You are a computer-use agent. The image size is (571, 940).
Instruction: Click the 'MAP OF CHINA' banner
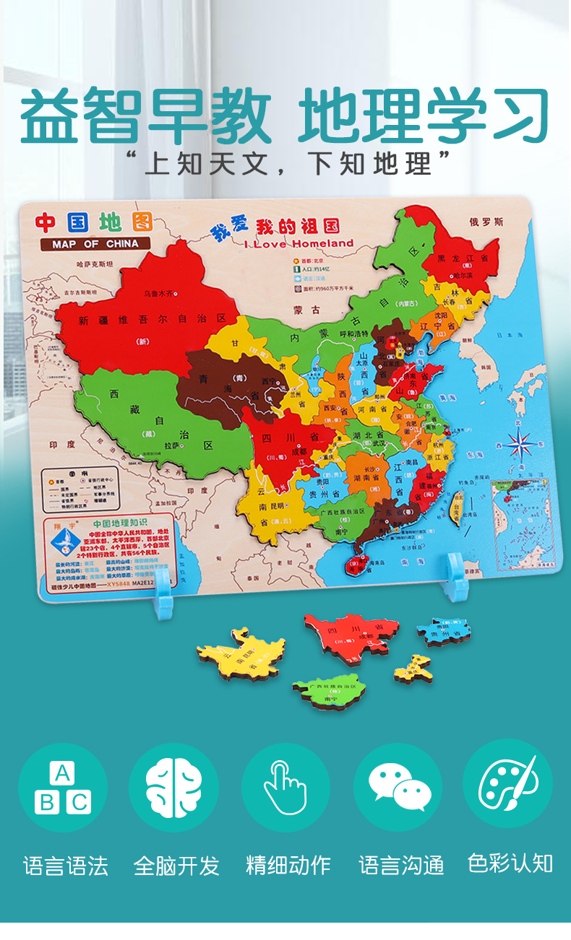click(x=95, y=243)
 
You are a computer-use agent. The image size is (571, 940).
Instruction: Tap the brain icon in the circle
click(x=173, y=787)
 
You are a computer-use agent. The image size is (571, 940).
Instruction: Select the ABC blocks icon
click(x=63, y=788)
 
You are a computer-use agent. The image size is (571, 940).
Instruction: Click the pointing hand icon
click(x=285, y=788)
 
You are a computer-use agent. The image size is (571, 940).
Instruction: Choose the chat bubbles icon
click(x=398, y=787)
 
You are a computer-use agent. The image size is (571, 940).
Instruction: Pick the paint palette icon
click(x=508, y=784)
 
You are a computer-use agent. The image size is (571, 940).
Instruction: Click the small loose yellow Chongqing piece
click(x=413, y=669)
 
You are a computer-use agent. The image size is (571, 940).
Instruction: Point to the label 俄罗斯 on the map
click(x=485, y=222)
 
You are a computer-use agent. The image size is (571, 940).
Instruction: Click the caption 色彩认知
click(x=510, y=863)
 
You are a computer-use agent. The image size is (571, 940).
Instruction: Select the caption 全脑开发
click(x=176, y=866)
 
